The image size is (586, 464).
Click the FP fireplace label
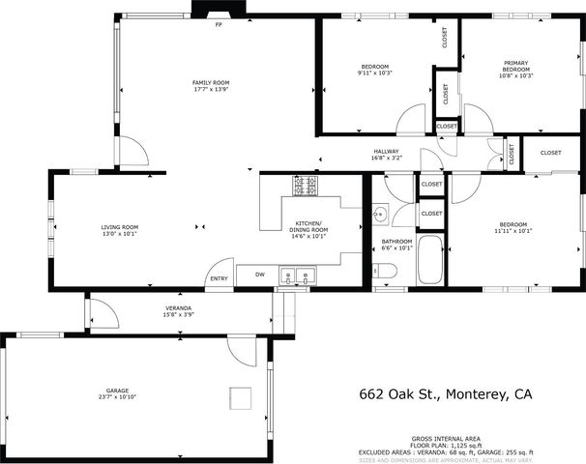click(219, 24)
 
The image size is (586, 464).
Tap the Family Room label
click(211, 83)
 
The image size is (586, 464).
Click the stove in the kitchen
click(308, 183)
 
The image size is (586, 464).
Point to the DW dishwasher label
click(260, 275)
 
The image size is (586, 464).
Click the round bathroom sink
click(381, 215)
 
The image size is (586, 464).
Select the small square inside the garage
click(238, 396)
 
